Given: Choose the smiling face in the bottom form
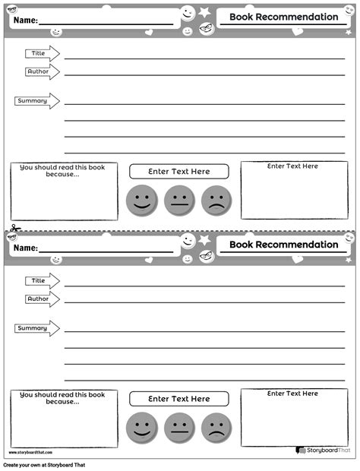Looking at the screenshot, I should coord(141,427).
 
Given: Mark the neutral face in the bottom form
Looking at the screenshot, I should coord(179,427).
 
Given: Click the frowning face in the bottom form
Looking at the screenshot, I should coord(216,427).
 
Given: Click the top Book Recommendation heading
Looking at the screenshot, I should coord(283,17).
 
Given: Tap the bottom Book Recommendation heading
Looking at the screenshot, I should coord(283,244).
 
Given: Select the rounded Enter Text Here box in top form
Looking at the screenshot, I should coord(179,172).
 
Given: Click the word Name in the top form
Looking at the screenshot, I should coord(25,21).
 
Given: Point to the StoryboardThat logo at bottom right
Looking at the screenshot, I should coord(322,450).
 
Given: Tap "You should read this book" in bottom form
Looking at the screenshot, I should coord(62,394).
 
